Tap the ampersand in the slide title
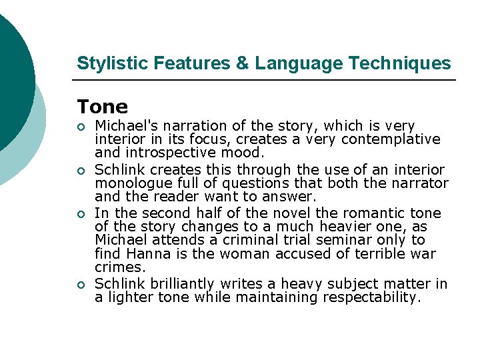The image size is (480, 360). point(243,63)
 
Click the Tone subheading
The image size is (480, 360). point(102,107)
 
